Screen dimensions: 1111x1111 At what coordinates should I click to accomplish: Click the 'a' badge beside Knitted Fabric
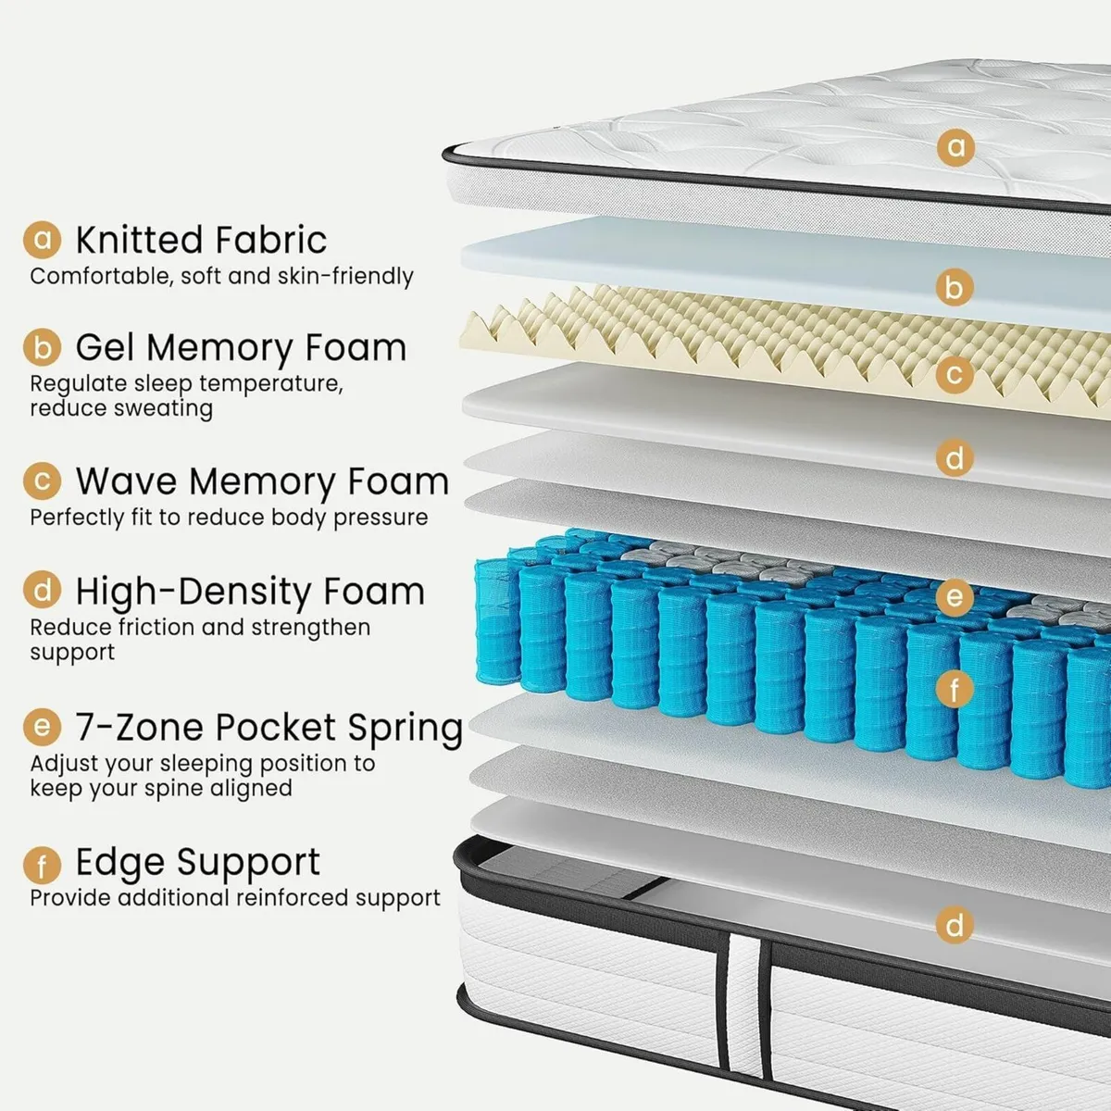click(42, 239)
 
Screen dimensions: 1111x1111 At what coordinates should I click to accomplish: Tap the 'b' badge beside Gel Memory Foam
click(42, 347)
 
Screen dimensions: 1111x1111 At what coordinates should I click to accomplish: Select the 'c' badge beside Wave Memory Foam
click(42, 481)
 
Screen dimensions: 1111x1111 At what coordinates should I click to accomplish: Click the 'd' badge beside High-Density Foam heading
click(42, 591)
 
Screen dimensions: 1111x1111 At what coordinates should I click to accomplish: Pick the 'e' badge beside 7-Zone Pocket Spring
click(42, 727)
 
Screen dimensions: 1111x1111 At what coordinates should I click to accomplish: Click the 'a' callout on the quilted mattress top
click(955, 147)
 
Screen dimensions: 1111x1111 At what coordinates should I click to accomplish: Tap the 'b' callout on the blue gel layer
click(955, 287)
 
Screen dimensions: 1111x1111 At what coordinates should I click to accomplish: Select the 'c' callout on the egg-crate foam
click(955, 374)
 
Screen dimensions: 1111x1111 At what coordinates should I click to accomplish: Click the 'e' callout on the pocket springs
click(955, 597)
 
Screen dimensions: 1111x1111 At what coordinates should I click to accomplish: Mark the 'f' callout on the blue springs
click(955, 688)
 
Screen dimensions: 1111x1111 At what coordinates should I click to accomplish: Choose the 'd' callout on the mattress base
click(955, 924)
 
